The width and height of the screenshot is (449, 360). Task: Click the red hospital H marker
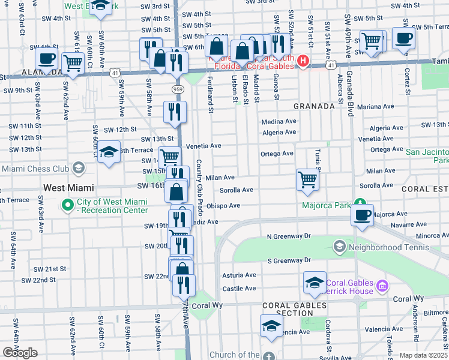tap(303, 61)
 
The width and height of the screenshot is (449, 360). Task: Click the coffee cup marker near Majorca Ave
tap(362, 215)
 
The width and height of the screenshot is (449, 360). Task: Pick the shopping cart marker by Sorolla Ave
tap(307, 179)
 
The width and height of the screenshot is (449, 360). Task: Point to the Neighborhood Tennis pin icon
tap(339, 247)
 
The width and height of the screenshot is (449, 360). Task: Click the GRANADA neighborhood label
tap(313, 106)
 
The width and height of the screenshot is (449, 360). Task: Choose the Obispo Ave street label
tap(223, 206)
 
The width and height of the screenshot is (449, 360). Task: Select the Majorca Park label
tap(334, 206)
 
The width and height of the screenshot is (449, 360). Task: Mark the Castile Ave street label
tap(240, 289)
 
